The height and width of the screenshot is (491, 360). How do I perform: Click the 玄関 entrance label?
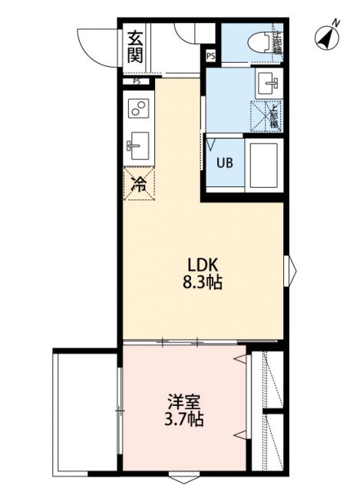point(135,45)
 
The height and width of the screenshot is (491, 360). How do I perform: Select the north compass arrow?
point(328,36)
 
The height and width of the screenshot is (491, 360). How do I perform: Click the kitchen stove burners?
point(139,110)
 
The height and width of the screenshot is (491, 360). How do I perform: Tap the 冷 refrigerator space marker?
point(139,183)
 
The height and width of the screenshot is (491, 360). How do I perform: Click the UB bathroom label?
point(224,163)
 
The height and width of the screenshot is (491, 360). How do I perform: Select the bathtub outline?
point(264,163)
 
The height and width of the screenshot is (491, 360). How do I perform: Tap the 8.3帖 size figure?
point(201,283)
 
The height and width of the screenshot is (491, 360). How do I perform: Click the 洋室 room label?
point(185,402)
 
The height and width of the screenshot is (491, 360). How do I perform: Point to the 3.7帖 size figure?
point(185,420)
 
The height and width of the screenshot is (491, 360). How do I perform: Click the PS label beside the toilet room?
point(210,54)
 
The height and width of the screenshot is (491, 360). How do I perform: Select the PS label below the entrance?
point(137,80)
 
